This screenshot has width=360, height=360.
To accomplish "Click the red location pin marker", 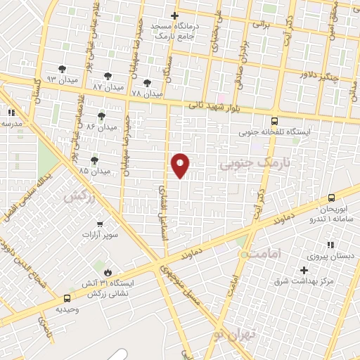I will point(181,165).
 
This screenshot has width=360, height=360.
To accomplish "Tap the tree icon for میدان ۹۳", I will point(63,68).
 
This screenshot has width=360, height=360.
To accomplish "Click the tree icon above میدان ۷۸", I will point(147,82).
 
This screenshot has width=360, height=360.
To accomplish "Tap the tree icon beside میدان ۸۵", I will point(94,161).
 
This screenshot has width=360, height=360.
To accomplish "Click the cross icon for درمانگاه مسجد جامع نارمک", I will point(175,15).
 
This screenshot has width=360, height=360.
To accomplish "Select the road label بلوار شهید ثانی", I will point(212,106).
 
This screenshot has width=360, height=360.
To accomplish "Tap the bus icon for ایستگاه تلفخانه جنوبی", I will point(274,120).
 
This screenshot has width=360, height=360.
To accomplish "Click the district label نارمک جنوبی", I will point(245,165).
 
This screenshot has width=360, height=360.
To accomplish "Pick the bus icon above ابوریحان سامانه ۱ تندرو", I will point(331,199).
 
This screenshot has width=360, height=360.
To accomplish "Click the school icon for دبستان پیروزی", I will point(330,245).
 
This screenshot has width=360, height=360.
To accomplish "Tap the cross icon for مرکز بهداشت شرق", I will point(304,270).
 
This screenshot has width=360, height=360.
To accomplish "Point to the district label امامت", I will point(265,251).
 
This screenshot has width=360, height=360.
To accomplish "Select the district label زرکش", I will point(79,198).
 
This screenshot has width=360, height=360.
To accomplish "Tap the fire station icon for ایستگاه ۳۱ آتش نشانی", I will point(107,272).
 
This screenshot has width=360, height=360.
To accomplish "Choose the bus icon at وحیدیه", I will point(67,297).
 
